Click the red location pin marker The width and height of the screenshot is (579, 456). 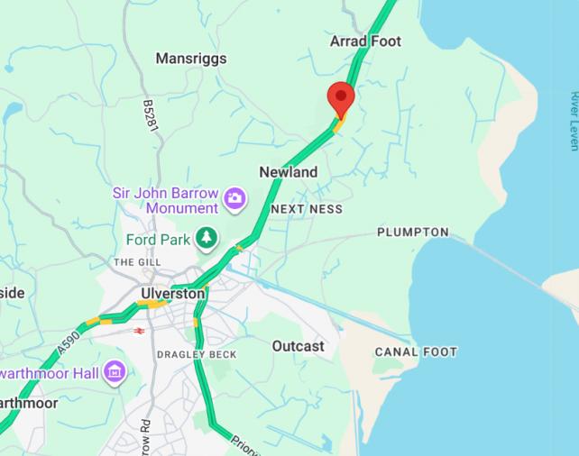pyautogui.click(x=341, y=97)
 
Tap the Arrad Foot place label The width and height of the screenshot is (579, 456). pyautogui.click(x=365, y=41)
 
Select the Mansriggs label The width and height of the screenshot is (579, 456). pyautogui.click(x=191, y=59)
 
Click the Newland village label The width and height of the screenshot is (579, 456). pyautogui.click(x=289, y=172)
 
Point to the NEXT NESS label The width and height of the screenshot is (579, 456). pyautogui.click(x=307, y=209)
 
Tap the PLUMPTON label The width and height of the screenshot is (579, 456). pyautogui.click(x=412, y=233)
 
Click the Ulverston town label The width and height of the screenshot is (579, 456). pyautogui.click(x=173, y=294)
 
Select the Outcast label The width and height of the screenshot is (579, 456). pyautogui.click(x=298, y=346)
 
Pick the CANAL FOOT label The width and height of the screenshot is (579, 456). pyautogui.click(x=416, y=352)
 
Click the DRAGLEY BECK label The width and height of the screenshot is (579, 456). pyautogui.click(x=197, y=355)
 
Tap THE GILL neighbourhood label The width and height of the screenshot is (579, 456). pyautogui.click(x=136, y=262)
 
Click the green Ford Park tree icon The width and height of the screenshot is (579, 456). pyautogui.click(x=207, y=238)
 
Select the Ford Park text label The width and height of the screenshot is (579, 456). pyautogui.click(x=158, y=240)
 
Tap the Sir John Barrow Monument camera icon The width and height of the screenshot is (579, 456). pyautogui.click(x=235, y=197)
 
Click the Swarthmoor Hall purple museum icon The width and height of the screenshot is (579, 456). pyautogui.click(x=114, y=371)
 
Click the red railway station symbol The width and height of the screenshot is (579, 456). pyautogui.click(x=140, y=331)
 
